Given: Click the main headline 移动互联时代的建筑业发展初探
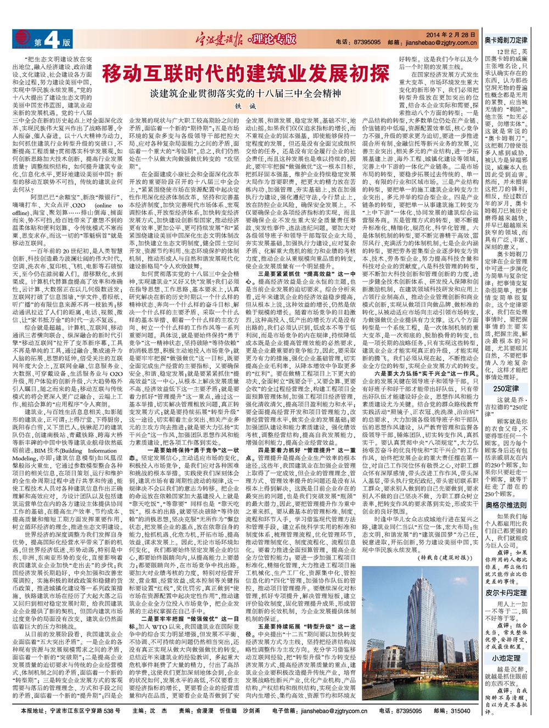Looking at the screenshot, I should point(245,73).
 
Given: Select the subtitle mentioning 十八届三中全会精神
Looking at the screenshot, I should point(245,94).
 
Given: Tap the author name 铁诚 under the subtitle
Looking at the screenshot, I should point(245,105).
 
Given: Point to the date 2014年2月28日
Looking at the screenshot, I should point(450,35).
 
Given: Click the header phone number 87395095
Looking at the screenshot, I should point(367,42).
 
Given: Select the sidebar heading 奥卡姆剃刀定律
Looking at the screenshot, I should point(506,41).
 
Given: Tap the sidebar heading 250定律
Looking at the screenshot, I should point(506,388).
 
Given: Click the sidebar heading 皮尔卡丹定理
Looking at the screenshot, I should point(506,592).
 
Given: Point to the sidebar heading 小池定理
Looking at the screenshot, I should point(506,658).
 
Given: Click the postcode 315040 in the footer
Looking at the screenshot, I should point(460,711).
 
